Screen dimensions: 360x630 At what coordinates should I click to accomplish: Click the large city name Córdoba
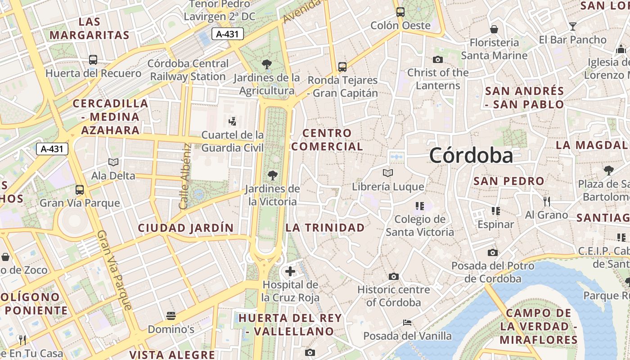click(x=471, y=156)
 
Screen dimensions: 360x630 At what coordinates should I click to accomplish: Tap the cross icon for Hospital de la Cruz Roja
click(x=290, y=271)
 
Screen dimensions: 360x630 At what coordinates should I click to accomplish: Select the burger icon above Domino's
click(x=171, y=316)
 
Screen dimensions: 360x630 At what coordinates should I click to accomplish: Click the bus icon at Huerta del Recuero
click(x=93, y=59)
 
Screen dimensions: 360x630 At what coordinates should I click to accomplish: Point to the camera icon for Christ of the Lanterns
click(x=437, y=59)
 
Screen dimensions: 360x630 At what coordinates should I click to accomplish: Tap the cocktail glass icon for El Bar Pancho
click(x=572, y=26)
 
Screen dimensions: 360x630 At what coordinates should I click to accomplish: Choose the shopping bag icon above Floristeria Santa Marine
click(x=494, y=29)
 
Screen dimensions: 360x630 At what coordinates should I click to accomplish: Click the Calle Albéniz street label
click(x=184, y=176)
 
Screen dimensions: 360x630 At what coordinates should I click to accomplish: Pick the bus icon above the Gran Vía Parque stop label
click(x=80, y=190)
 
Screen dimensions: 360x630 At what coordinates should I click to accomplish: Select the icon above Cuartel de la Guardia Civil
click(x=232, y=121)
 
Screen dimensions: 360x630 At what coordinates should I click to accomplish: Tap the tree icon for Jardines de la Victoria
click(x=272, y=175)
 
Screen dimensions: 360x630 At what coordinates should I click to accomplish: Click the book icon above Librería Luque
click(x=387, y=173)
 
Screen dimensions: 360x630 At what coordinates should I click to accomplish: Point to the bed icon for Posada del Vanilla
click(x=407, y=323)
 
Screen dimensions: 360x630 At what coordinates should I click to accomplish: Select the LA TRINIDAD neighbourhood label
click(x=325, y=228)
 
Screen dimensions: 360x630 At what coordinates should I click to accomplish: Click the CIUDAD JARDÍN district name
click(x=186, y=228)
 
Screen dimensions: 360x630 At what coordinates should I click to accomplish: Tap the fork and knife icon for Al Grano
click(x=547, y=201)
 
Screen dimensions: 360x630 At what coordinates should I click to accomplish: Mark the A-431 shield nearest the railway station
click(x=228, y=34)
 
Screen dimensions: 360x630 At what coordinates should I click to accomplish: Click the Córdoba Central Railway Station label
click(x=188, y=70)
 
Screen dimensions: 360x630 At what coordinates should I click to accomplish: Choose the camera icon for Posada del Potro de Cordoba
click(x=493, y=252)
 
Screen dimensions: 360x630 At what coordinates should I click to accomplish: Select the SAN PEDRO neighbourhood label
click(x=509, y=181)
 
